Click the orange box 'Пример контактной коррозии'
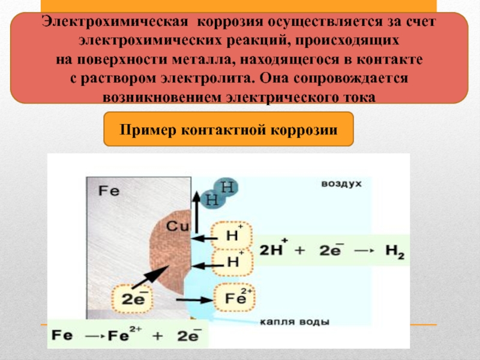coord(229,128)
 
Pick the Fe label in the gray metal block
coord(110,191)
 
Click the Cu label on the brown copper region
coord(178,227)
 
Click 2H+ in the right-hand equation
coord(273,250)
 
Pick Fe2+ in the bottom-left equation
coord(124,334)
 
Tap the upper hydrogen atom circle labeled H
coord(227,187)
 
